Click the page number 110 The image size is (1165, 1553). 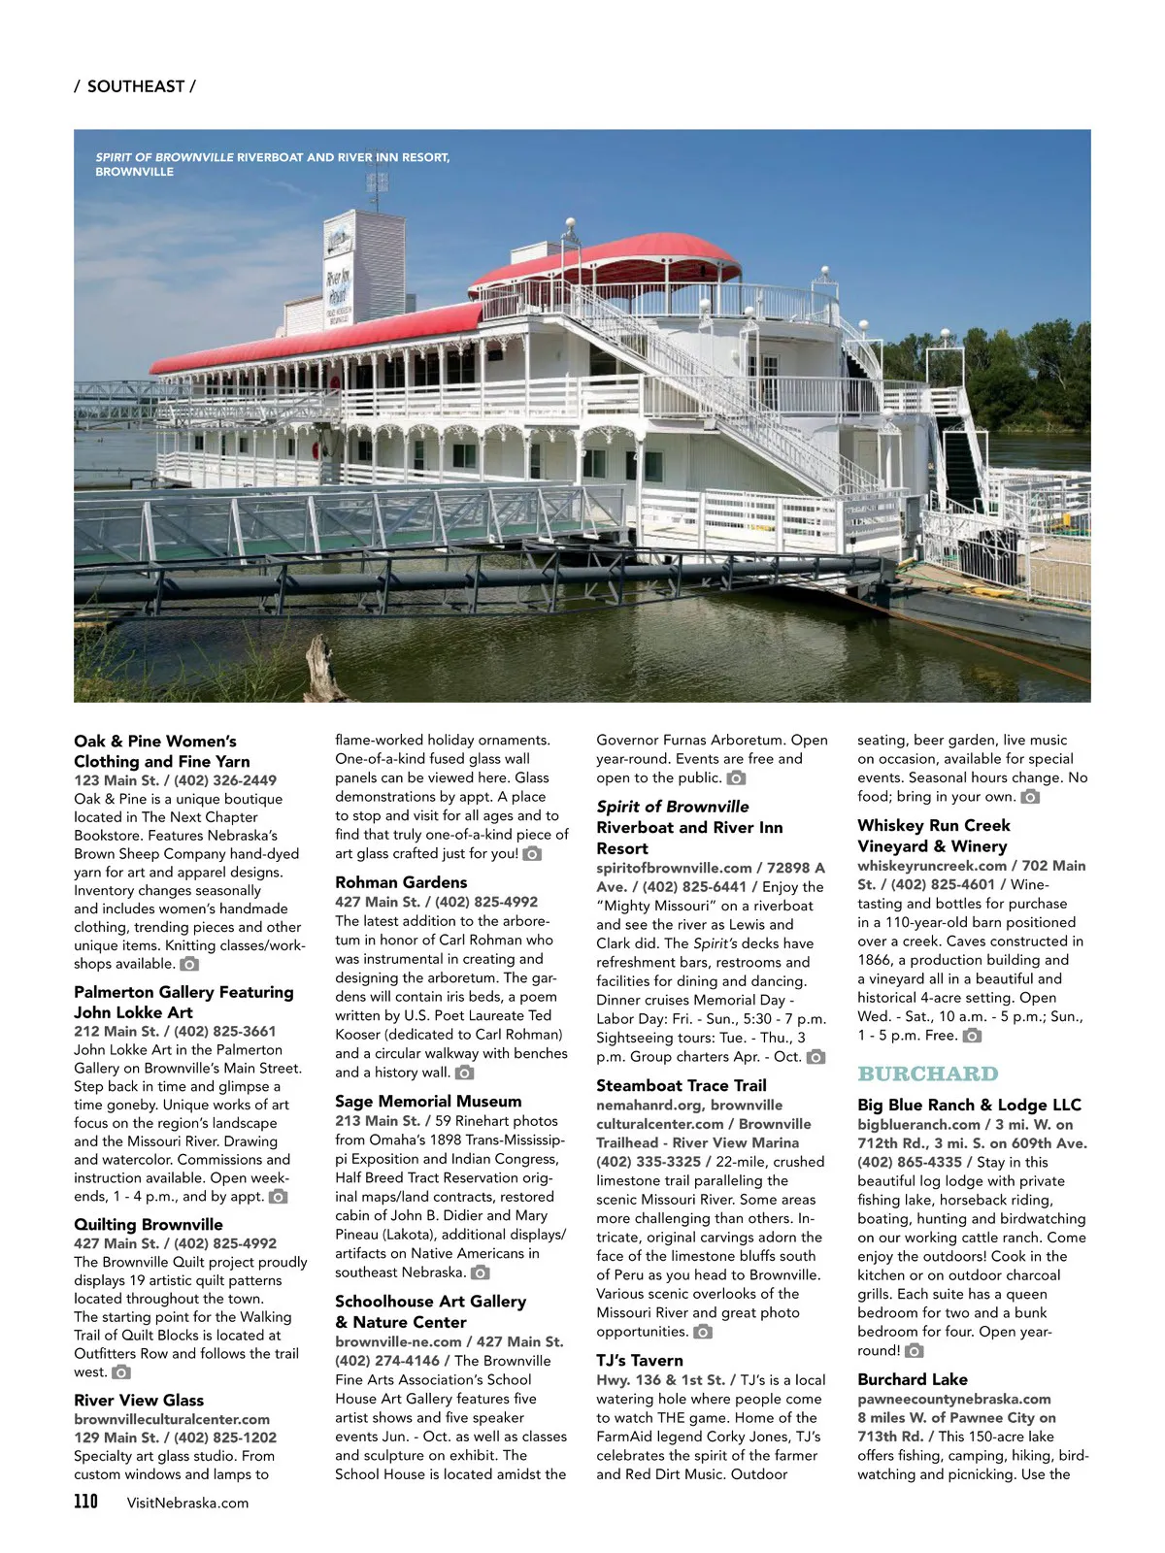85,1502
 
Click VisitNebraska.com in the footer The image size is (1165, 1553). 187,1503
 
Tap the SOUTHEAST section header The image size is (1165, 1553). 135,86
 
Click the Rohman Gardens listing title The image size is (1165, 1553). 401,882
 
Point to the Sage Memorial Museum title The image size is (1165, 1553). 428,1101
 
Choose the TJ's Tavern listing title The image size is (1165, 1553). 639,1361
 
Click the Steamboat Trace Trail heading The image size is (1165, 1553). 681,1085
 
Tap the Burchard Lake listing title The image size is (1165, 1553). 912,1379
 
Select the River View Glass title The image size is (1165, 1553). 139,1400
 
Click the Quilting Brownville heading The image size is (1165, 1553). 149,1224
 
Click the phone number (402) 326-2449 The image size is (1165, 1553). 225,780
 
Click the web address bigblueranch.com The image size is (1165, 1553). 918,1124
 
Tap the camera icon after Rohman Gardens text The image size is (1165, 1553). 465,1073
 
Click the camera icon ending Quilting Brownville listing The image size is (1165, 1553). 121,1372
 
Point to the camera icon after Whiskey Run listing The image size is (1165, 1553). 972,1036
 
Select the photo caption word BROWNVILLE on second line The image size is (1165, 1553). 134,172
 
